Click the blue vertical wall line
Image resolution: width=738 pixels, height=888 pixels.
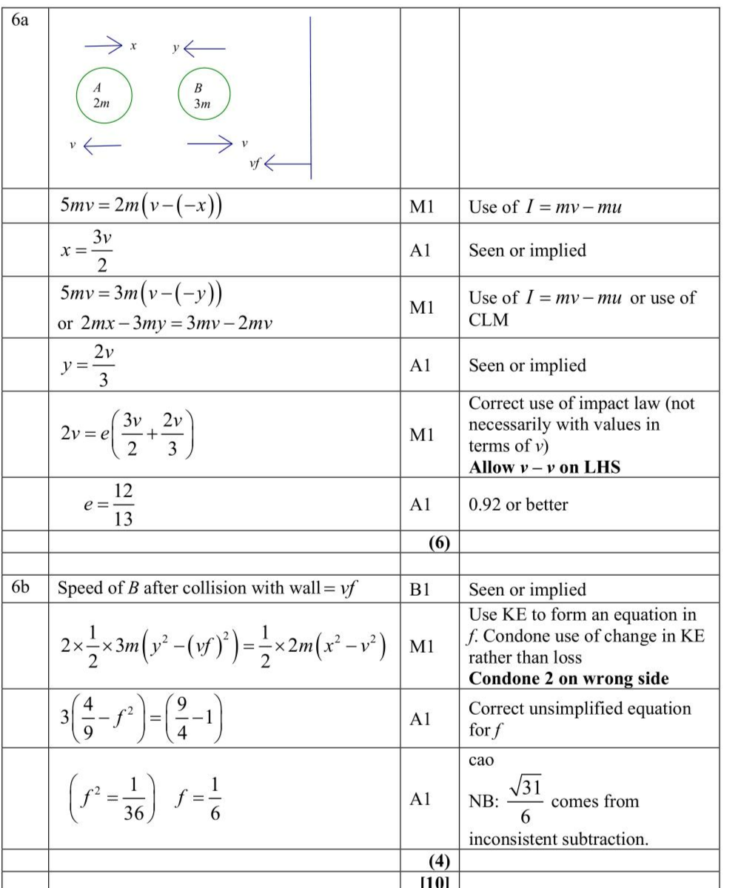[x=309, y=97]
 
